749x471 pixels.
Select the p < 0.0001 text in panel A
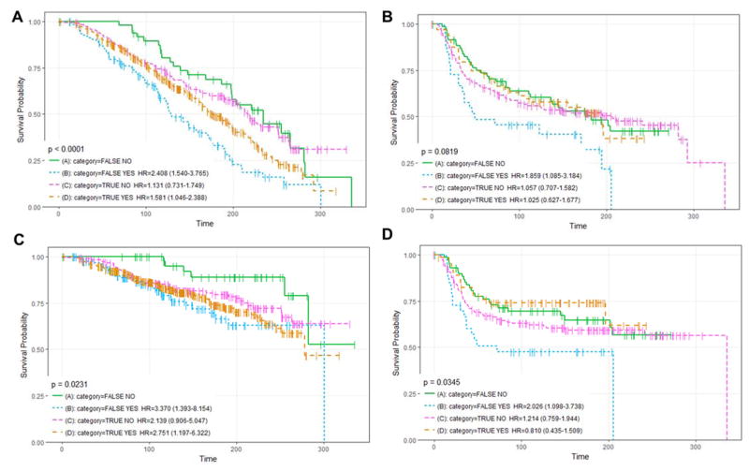point(70,148)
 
